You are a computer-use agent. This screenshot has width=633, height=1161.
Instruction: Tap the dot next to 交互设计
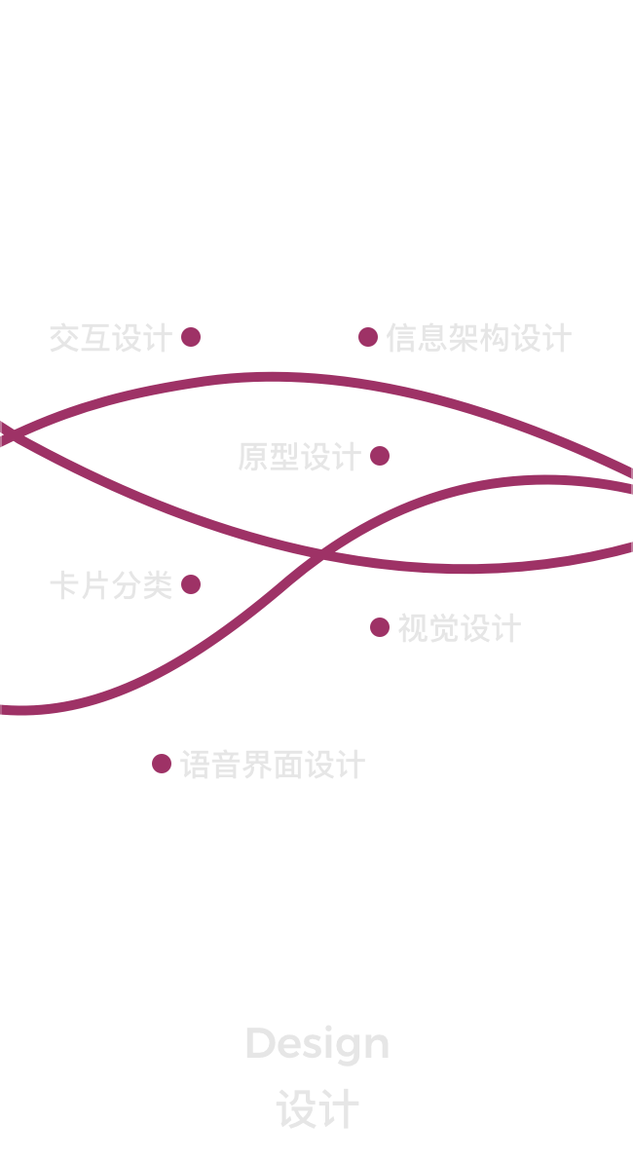click(191, 337)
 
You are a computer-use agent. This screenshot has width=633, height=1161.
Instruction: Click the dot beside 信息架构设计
click(368, 337)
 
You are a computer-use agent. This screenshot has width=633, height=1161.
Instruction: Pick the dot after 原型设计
click(380, 456)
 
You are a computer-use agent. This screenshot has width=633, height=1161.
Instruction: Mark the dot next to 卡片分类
click(191, 584)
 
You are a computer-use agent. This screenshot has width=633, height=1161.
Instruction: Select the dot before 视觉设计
click(380, 627)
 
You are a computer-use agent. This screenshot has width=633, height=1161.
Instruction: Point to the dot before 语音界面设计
click(162, 764)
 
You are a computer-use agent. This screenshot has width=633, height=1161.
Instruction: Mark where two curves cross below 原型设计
click(320, 554)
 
